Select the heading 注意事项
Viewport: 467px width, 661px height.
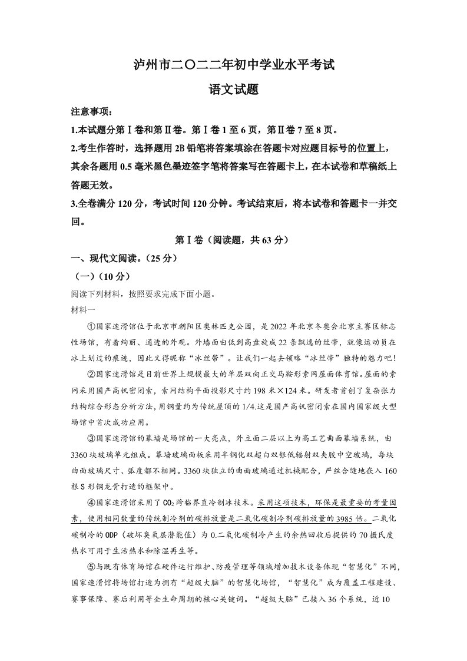[x=90, y=112]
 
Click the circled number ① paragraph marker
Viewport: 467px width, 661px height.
[x=91, y=325]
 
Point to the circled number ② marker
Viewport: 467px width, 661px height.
[x=91, y=373]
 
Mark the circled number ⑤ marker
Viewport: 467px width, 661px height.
[x=91, y=568]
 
